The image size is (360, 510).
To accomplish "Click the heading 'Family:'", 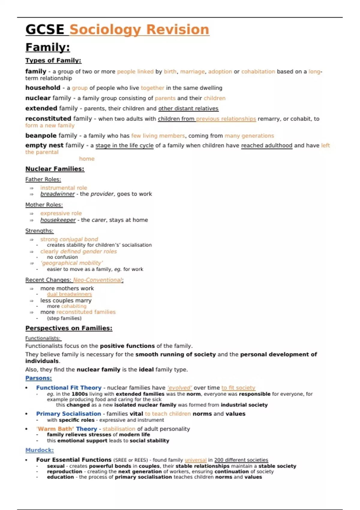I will coord(48,47).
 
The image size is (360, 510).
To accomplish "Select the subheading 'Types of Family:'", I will coord(53,61).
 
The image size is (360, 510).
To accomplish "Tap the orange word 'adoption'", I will coord(220,72).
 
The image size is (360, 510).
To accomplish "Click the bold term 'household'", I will coord(43,88).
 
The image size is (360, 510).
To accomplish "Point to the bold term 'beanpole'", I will coord(41,136).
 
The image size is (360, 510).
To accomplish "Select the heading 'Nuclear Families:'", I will coord(55,169).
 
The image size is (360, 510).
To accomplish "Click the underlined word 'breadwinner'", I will coord(57,194).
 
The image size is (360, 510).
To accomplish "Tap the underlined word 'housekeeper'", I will coord(58,220).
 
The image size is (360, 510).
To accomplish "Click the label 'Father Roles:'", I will coord(43,179).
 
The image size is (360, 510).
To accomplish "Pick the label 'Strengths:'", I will coord(39,231).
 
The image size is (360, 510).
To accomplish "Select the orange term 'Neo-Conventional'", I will coord(97,280).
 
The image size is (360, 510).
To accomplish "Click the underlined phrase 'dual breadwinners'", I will coord(69,294).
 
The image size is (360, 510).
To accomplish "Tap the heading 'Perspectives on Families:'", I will coord(69,328).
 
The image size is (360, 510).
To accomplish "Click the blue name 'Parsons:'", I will coord(38,378).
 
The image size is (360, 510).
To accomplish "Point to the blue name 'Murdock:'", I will coord(40,450).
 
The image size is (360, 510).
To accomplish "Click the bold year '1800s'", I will coord(79,394).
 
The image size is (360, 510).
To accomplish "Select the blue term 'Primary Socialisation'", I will coord(68,414).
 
